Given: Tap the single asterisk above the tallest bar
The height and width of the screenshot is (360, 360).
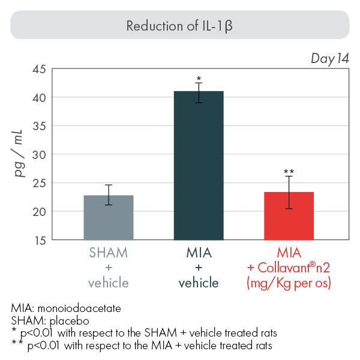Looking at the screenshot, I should click(x=198, y=79).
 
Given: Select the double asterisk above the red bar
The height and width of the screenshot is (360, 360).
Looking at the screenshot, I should click(x=288, y=172).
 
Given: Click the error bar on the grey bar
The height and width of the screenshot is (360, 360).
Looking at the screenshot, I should click(x=109, y=194).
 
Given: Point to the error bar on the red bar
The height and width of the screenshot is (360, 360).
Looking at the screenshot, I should click(x=288, y=192).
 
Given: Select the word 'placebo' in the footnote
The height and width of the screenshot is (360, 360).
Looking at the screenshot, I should click(x=63, y=320).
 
